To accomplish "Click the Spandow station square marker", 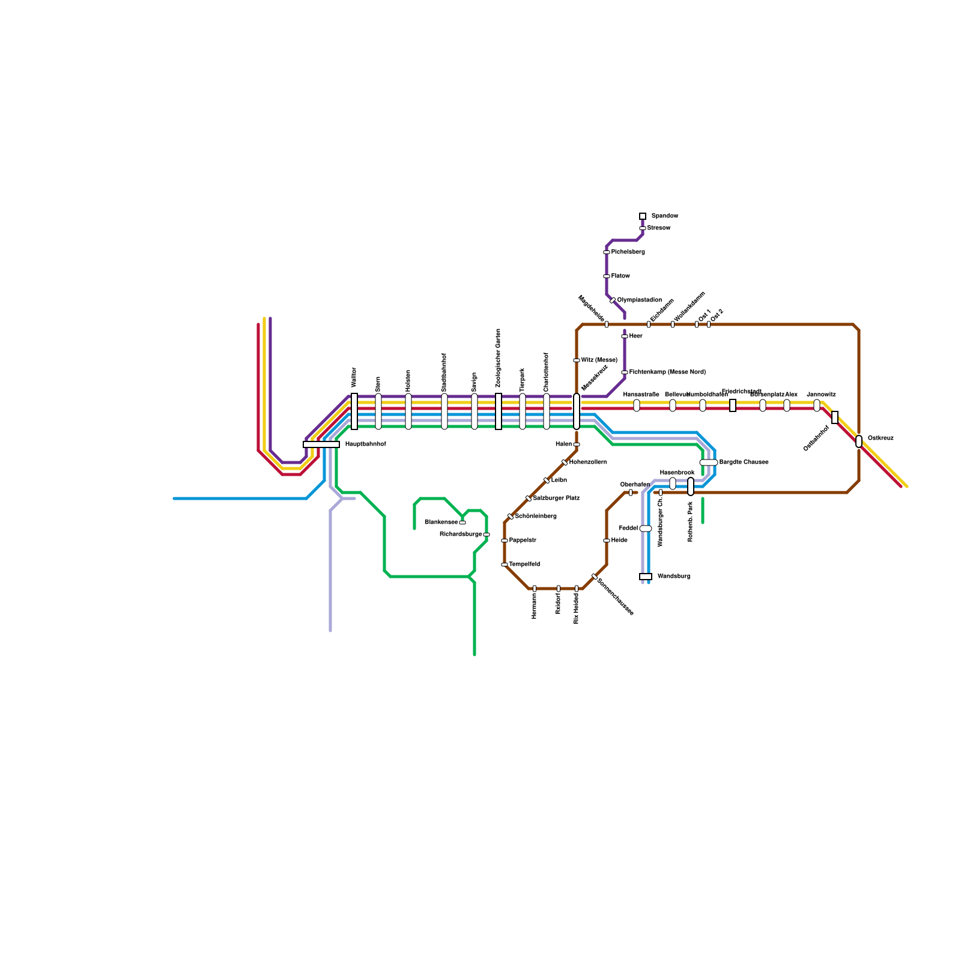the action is tap(643, 216).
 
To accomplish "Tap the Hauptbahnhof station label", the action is tap(365, 444).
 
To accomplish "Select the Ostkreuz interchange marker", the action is tap(859, 441).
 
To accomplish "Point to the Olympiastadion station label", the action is tap(639, 300).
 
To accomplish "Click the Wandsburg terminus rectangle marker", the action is tap(646, 577).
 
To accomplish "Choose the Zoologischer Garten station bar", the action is tap(499, 411).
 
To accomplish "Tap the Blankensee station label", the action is tap(441, 523).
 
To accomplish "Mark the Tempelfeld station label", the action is tap(524, 565).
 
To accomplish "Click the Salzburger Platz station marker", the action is tap(529, 499).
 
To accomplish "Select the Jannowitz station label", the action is tap(821, 395).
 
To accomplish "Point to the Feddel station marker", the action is tap(646, 529).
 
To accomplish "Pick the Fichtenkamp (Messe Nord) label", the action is tap(667, 372).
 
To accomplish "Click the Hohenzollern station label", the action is tap(588, 462).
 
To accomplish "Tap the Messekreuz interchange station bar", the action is tap(577, 411).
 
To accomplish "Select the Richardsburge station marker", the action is tap(487, 535).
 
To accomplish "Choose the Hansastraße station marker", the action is tap(637, 405).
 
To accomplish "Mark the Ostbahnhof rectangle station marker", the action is tap(835, 417).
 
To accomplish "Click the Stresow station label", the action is tap(659, 228).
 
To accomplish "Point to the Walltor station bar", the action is tap(354, 411).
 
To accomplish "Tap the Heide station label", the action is tap(619, 541).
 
